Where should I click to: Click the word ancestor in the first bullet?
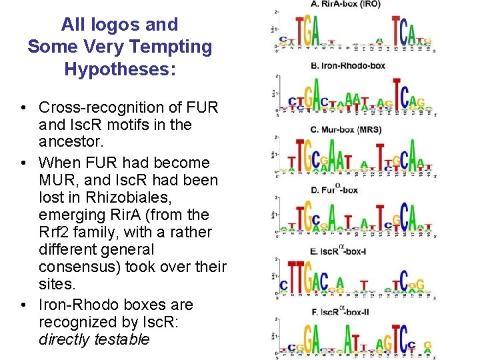point(67,142)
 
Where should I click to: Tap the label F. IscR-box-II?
point(341,311)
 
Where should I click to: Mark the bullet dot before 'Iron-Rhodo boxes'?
point(23,305)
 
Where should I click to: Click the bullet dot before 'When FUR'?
point(23,163)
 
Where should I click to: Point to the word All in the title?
point(71,25)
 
